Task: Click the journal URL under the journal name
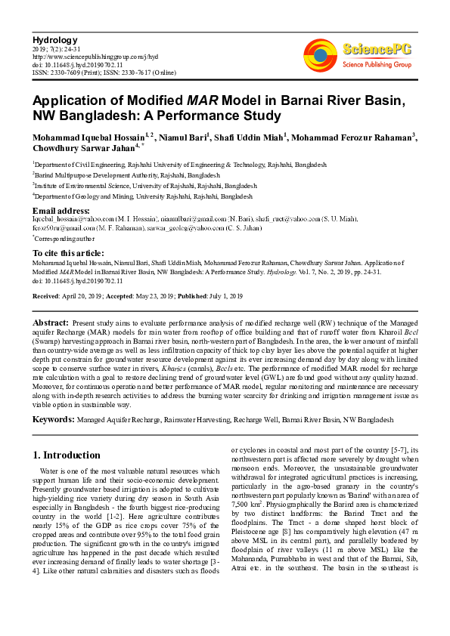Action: click(95, 56)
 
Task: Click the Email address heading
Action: click(61, 210)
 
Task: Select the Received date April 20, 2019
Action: click(79, 295)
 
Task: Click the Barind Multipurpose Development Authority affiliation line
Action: click(115, 174)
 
